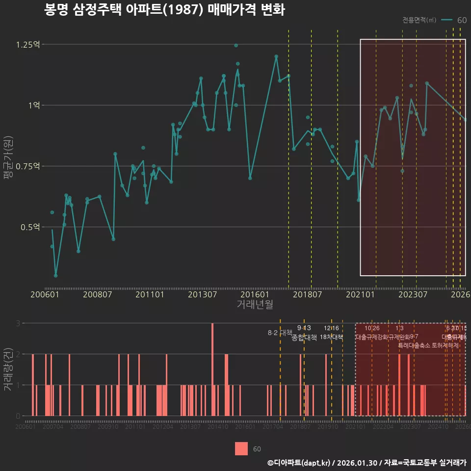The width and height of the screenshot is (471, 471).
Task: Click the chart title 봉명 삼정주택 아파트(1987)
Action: pos(164,10)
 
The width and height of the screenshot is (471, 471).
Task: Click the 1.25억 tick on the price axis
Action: pos(27,45)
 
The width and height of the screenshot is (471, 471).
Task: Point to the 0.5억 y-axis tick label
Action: pos(29,227)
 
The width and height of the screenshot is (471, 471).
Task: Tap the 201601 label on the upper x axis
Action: pos(254,295)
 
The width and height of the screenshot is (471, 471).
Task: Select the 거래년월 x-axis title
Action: pos(255,305)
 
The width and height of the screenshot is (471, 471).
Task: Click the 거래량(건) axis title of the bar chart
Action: pos(7,369)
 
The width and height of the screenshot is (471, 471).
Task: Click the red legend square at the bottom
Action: pos(241,449)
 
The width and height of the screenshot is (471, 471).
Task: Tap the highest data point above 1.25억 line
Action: pos(236,46)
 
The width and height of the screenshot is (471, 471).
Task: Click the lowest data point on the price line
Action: pos(55,276)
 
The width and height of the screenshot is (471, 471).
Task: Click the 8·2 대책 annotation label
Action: pos(280,333)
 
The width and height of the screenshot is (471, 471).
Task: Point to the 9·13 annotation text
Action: pos(304,328)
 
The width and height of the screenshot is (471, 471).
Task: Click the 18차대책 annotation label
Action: pos(331,337)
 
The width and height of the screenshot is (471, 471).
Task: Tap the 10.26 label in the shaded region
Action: pos(372,328)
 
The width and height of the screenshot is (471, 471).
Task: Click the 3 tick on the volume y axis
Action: pos(18,323)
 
